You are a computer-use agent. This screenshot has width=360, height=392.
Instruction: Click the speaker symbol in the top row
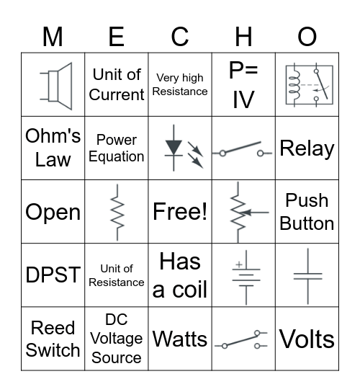(x=58, y=85)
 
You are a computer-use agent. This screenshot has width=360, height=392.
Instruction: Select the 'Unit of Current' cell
(x=117, y=84)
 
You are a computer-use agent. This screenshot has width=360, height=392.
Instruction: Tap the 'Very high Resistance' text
(x=180, y=84)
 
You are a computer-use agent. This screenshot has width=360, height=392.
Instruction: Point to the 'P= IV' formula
(x=243, y=84)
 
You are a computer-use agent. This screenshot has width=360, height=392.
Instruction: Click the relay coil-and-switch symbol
(x=307, y=85)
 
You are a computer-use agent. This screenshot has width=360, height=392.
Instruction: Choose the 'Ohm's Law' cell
(x=53, y=148)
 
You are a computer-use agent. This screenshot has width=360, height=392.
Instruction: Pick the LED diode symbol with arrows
(x=180, y=148)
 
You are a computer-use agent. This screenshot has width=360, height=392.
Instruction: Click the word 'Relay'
(x=307, y=148)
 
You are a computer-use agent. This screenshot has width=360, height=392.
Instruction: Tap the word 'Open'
(x=53, y=212)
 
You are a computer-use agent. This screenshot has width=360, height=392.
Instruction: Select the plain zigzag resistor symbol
(x=117, y=212)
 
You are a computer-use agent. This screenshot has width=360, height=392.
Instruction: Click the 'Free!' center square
(x=180, y=212)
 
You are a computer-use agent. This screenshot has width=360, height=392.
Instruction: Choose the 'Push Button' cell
(x=307, y=212)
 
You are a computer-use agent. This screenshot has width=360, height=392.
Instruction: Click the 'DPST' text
(x=53, y=275)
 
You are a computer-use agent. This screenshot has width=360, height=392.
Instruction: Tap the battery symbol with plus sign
(x=243, y=275)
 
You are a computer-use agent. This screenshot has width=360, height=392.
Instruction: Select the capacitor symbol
(x=307, y=275)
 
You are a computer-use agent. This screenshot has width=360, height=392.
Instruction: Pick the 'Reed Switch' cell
(x=53, y=339)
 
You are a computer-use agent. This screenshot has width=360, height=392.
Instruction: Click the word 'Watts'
(x=180, y=339)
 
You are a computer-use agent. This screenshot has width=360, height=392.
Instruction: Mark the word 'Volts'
(x=307, y=339)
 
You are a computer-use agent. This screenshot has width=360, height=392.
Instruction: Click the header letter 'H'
(x=243, y=37)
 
